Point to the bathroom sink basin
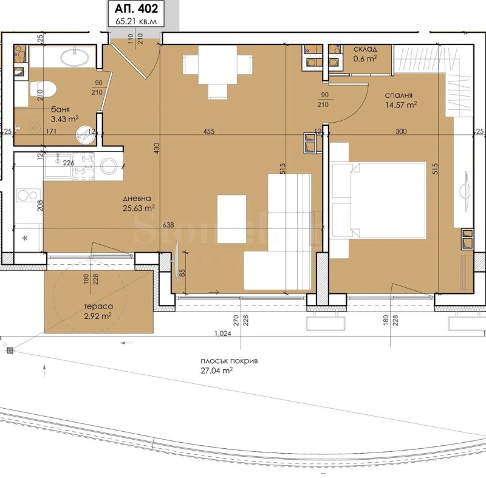tap(75, 58)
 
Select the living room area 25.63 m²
tap(138, 208)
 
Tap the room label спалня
tap(399, 95)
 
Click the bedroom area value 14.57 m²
tap(401, 105)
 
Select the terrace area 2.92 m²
tap(97, 316)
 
